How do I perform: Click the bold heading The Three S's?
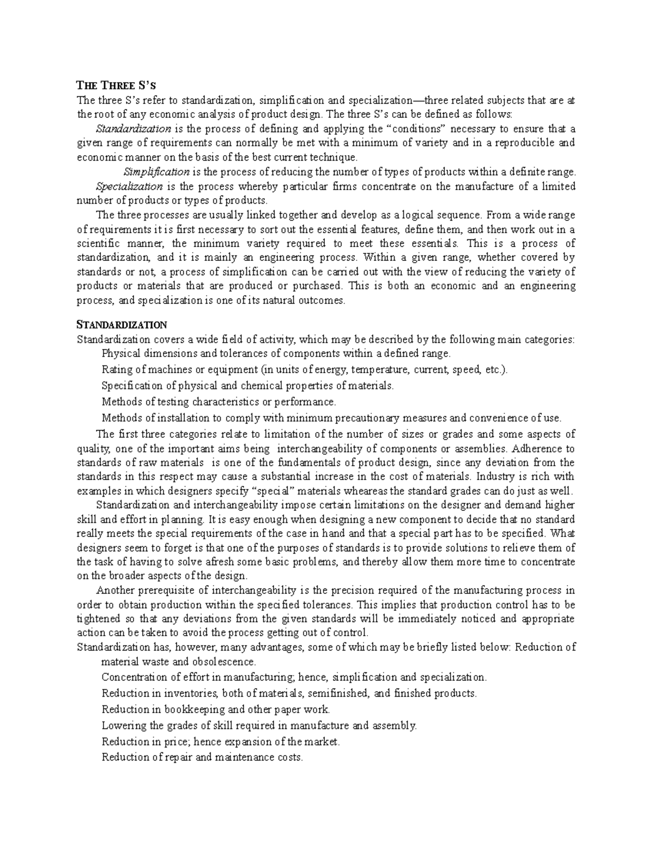(116, 85)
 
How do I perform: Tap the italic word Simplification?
(156, 172)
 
